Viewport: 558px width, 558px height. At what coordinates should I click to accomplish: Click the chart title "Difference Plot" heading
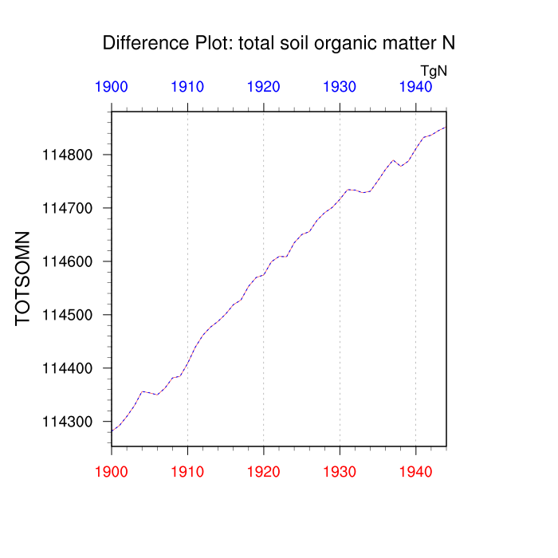278,43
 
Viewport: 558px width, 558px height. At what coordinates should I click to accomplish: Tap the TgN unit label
434,71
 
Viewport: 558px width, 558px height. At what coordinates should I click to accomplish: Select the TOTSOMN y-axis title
23,278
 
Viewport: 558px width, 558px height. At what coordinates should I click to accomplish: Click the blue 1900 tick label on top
112,87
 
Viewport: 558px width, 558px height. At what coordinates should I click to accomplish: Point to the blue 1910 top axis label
187,87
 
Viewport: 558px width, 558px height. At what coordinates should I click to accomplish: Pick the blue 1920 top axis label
264,87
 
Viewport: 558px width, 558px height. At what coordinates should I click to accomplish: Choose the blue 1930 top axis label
340,87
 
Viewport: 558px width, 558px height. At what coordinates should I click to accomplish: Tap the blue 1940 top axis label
415,87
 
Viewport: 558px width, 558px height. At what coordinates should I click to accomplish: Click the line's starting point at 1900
112,431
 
